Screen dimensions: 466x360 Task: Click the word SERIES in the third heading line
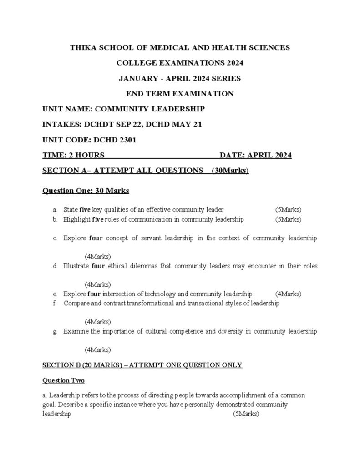[226, 78]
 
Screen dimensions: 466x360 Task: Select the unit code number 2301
[127, 140]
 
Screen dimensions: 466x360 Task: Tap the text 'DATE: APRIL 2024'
[255, 156]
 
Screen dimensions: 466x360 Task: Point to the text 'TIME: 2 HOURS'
[73, 156]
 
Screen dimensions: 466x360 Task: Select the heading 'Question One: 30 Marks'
[86, 191]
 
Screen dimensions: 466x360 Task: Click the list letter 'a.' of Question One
[55, 210]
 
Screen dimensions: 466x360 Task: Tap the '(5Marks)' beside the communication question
[288, 219]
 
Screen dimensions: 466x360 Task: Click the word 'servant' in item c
[146, 238]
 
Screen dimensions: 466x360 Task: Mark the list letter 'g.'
[55, 331]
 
